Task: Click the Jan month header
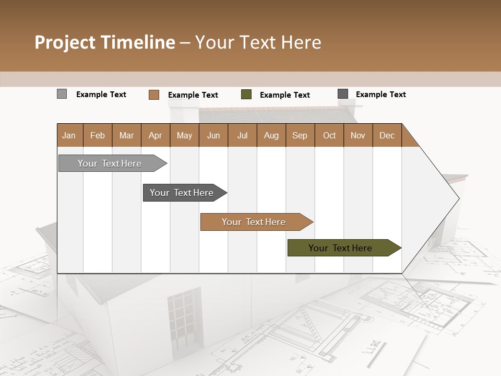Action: point(69,135)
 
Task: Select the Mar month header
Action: point(126,135)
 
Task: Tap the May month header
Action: point(184,135)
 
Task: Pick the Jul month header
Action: point(242,135)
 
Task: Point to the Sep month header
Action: point(300,135)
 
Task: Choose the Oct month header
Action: point(329,135)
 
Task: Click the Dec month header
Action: point(387,135)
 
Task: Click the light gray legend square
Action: point(62,94)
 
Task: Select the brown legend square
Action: point(154,95)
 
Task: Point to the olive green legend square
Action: point(246,95)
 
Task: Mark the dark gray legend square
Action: point(343,94)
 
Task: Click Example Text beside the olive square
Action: point(284,95)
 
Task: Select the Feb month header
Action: point(98,135)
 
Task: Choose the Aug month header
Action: point(271,135)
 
